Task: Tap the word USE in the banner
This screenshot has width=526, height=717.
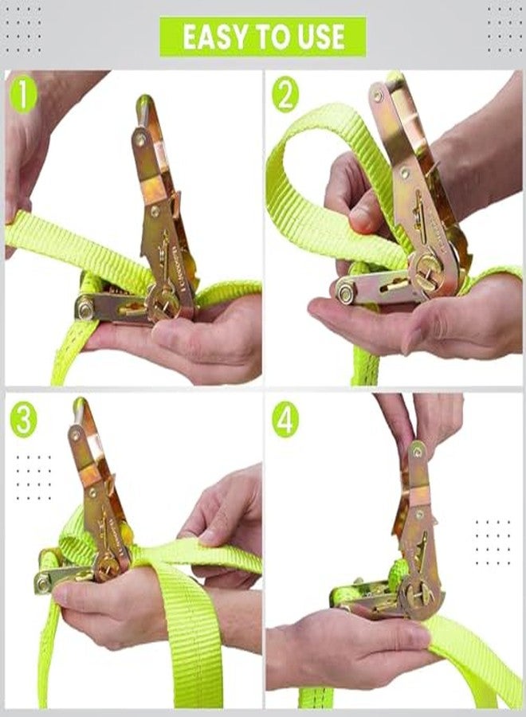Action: coord(321,37)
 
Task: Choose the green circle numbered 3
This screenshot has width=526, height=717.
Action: coord(23,419)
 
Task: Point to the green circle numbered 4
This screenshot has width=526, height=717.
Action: coord(285,419)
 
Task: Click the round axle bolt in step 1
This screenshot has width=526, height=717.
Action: coord(85,308)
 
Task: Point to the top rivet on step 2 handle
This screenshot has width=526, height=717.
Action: coord(378,96)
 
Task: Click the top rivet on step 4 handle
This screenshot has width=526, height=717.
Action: coord(417,452)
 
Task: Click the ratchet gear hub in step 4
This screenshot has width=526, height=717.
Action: coord(418,597)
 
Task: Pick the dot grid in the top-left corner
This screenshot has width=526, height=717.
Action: coord(23,29)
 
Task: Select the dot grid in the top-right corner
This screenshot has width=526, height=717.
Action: coord(504,29)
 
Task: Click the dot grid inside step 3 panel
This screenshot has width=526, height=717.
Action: coord(33,478)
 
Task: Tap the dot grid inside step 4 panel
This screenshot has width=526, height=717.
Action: coord(493,543)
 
